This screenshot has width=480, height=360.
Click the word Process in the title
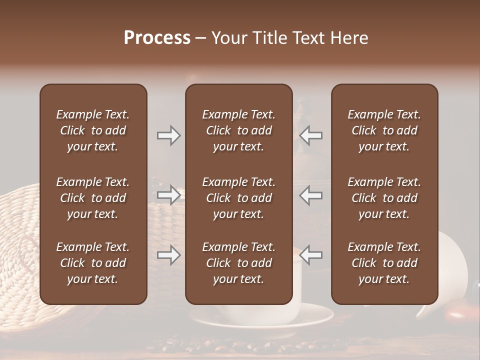pos(157,38)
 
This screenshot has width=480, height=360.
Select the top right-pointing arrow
pos(168,135)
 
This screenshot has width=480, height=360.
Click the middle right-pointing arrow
pos(168,195)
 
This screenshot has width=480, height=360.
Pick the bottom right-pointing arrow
pos(168,255)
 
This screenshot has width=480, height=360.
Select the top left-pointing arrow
pos(311,135)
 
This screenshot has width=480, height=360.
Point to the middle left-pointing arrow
pos(311,195)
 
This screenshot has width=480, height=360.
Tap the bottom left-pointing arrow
pos(311,255)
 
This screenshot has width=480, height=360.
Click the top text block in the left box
pos(93,130)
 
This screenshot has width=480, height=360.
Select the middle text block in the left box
pos(93,198)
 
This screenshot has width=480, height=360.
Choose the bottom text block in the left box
pos(93,263)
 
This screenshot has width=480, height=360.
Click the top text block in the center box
pos(239,130)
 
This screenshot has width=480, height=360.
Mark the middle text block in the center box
pos(239,198)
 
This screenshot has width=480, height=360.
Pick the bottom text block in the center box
pos(239,263)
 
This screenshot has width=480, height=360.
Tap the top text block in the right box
pos(384,130)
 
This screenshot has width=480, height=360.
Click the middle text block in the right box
pos(384,198)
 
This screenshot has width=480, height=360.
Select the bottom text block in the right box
pos(384,263)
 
